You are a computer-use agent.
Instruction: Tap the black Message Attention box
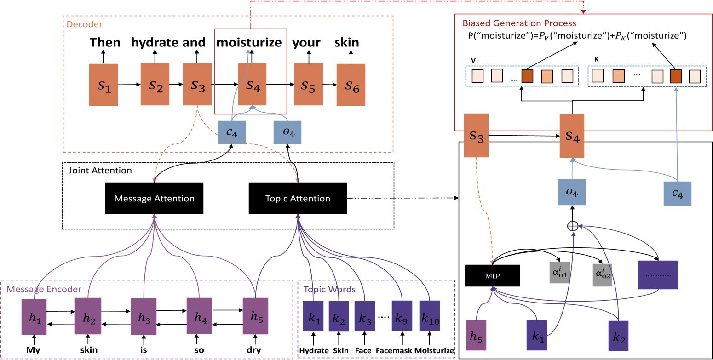point(154,199)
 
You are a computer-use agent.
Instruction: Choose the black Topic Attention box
point(298,199)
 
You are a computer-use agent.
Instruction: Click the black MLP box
point(492,275)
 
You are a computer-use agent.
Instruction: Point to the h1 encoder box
point(34,317)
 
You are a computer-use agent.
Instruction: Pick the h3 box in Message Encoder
point(144,317)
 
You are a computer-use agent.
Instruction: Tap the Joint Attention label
point(93,170)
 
